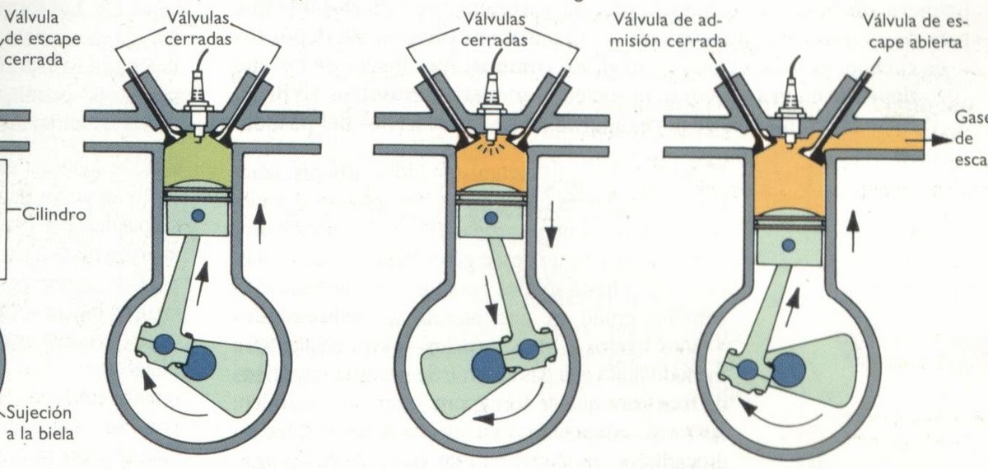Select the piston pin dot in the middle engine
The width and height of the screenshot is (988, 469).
pos(492,218)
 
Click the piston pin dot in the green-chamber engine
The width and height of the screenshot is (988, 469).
pos(198,216)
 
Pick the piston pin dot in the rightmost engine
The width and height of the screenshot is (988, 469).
pos(789,246)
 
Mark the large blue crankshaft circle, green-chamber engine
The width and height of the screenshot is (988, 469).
pos(198,363)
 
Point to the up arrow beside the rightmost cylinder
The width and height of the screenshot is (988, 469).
pos(853,231)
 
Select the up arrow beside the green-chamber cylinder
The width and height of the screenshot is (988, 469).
pos(260,224)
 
